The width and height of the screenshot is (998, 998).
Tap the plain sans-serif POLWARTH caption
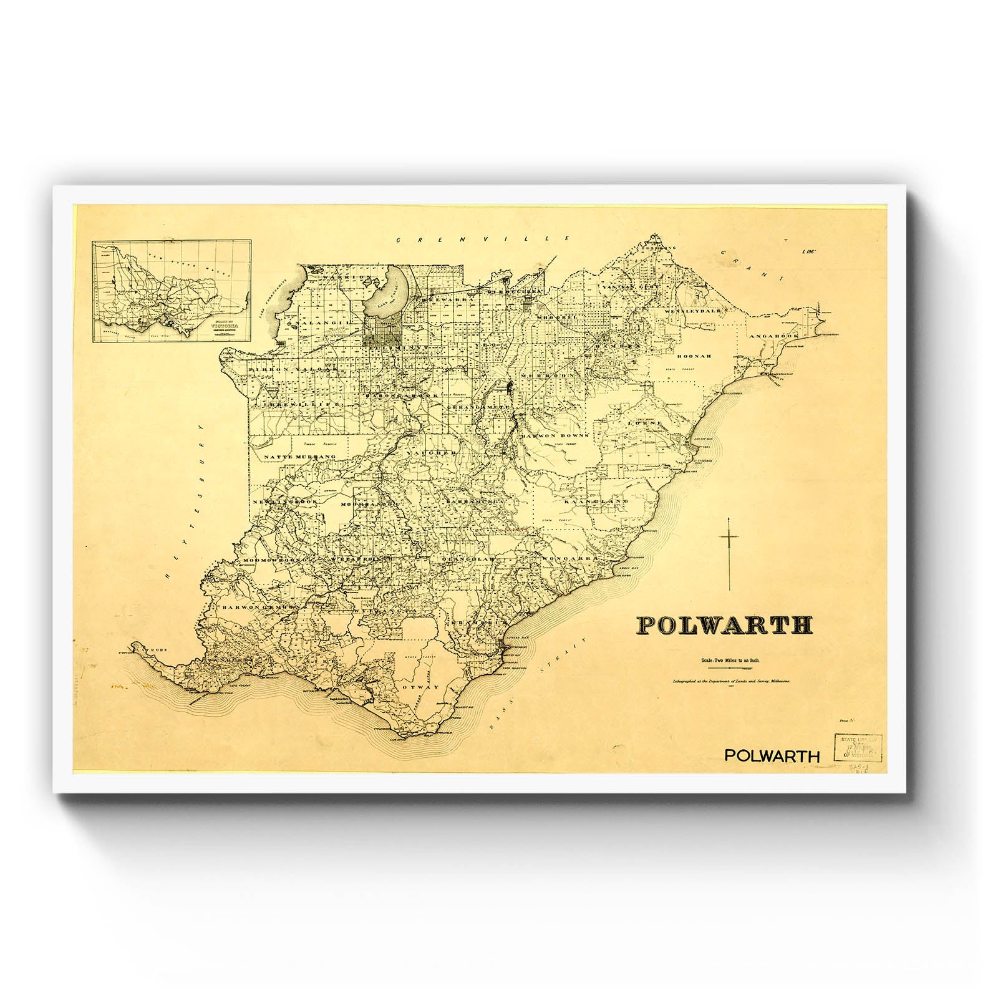772,755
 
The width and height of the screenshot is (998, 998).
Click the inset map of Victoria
172,291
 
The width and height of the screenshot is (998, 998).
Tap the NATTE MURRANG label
300,457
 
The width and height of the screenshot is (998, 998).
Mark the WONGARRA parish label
566,559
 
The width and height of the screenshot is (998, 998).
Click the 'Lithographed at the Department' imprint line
729,682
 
